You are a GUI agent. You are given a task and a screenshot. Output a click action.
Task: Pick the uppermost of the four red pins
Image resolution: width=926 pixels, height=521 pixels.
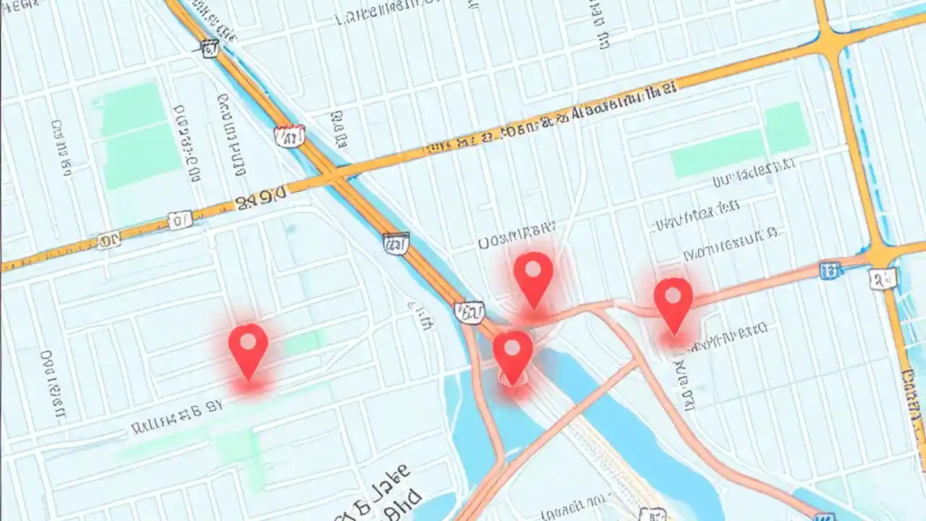pos(533,275)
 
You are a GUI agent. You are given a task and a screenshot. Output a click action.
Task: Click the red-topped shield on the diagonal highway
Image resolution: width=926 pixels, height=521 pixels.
pos(289,135)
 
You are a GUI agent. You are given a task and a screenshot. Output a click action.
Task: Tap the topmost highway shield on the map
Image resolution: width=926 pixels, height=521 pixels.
pos(210,48)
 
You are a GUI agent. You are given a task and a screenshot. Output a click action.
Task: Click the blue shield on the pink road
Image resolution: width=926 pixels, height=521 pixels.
pos(830,271)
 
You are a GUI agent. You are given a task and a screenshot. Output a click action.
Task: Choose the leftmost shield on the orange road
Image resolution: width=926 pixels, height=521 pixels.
pos(109,240)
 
